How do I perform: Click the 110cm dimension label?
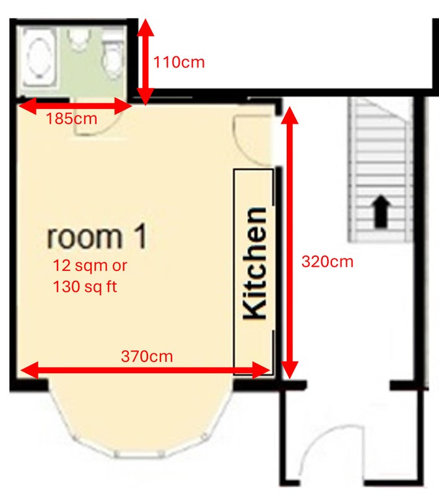(179, 62)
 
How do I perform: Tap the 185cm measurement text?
(72, 119)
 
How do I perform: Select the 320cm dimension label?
(328, 262)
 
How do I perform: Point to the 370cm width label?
(147, 356)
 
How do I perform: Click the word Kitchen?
(254, 264)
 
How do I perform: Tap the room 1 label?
(97, 236)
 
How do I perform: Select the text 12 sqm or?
(90, 265)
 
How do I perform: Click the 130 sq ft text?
(85, 287)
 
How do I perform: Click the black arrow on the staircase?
(381, 211)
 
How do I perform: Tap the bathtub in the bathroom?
(39, 58)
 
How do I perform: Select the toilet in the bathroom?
(112, 56)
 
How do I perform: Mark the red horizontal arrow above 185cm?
(75, 106)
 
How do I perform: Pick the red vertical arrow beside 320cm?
(290, 243)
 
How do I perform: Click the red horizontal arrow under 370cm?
(145, 370)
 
